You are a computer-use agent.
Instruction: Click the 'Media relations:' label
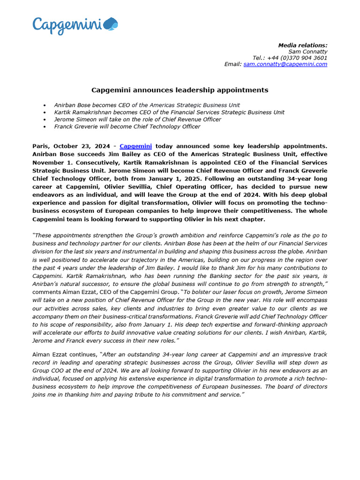pos(303,45)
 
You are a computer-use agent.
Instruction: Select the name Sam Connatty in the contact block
pos(307,52)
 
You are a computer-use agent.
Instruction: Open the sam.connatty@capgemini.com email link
pos(285,64)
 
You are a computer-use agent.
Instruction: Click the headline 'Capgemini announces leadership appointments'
pos(180,90)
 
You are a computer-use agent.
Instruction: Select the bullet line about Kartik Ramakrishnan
pos(169,112)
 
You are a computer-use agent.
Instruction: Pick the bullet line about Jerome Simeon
pos(137,120)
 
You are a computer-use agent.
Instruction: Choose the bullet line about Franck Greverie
pos(127,127)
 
